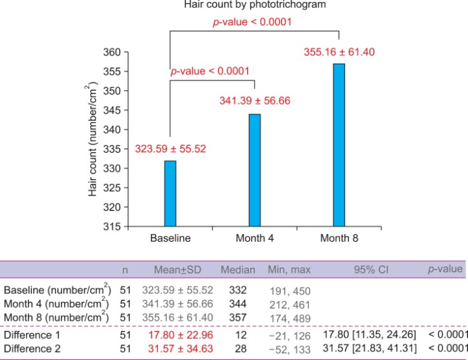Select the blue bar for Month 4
[254, 170]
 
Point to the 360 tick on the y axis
[112, 52]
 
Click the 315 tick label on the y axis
[112, 227]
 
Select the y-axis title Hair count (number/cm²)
[92, 140]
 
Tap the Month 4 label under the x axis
[254, 238]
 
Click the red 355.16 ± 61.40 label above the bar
[339, 52]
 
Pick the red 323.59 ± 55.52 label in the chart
[170, 149]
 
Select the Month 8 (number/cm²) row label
[57, 317]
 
